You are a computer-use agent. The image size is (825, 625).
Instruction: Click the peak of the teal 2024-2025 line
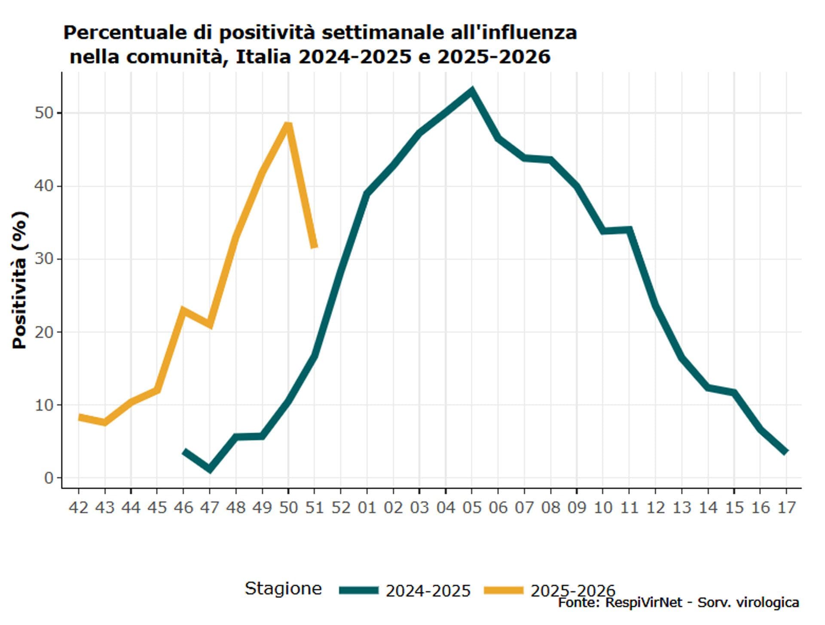click(x=472, y=91)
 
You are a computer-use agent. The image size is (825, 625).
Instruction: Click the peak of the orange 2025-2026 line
click(x=288, y=125)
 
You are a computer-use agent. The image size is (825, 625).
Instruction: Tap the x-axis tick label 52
click(x=340, y=508)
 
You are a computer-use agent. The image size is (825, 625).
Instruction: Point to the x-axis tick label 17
click(x=786, y=508)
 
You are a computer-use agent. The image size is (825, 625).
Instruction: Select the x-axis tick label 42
click(x=78, y=508)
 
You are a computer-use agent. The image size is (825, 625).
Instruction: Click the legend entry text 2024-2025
click(x=428, y=591)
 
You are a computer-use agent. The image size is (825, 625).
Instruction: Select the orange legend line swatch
click(x=504, y=590)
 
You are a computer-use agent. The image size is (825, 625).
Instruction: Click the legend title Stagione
click(x=283, y=588)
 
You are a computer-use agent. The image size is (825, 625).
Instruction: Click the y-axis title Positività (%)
click(x=20, y=280)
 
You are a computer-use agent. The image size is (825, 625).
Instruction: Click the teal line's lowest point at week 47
click(x=210, y=469)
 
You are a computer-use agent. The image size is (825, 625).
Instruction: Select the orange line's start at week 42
click(x=79, y=417)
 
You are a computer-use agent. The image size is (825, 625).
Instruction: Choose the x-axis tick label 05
click(x=472, y=508)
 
